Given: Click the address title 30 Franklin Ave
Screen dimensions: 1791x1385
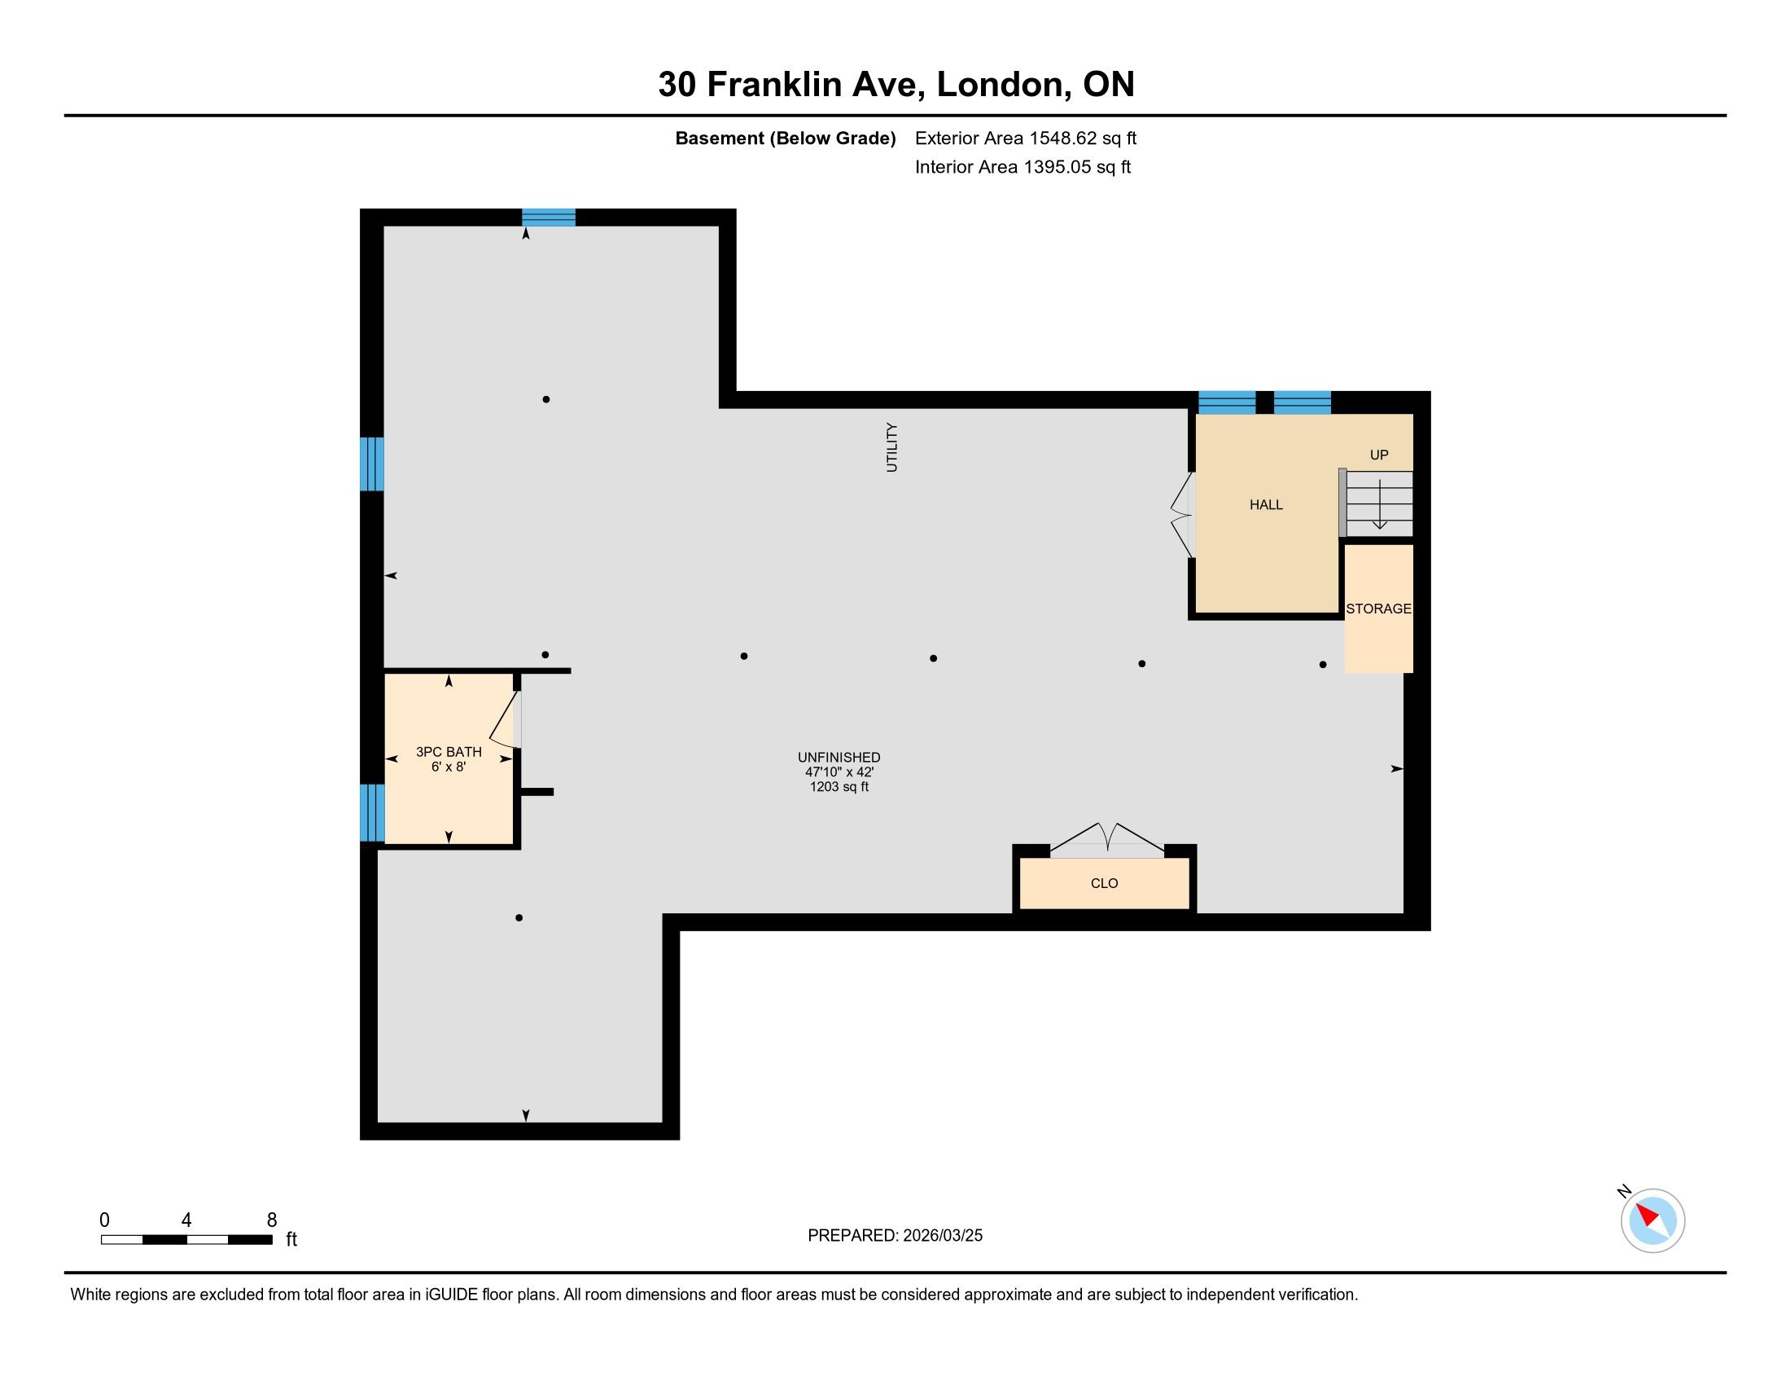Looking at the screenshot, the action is (792, 85).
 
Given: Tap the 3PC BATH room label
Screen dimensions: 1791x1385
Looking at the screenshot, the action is (449, 752).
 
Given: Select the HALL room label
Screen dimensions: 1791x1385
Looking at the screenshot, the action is (1266, 504).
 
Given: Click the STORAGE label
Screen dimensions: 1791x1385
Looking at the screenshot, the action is (1378, 609).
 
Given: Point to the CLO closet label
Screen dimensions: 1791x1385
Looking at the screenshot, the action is (1105, 883).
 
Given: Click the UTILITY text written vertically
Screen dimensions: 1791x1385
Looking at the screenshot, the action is (892, 447).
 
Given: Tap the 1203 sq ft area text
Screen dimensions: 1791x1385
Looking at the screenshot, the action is (839, 787).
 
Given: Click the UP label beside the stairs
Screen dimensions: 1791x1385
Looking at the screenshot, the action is (1379, 455).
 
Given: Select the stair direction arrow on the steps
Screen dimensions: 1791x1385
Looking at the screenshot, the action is (1380, 503).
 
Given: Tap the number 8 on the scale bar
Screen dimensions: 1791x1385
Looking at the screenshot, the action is (271, 1220).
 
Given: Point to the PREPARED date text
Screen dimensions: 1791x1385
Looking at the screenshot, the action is (895, 1236).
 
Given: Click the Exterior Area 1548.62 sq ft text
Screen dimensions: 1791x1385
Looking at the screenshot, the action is (1026, 138).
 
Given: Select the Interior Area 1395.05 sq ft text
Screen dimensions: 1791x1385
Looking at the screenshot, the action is (1022, 166).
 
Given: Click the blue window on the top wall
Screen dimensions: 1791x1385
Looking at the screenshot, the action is (549, 218).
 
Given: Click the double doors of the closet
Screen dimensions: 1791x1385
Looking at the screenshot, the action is (1107, 839).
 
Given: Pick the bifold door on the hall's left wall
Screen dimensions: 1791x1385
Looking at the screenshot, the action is (1182, 515).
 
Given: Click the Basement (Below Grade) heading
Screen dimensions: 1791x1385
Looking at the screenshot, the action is (785, 138).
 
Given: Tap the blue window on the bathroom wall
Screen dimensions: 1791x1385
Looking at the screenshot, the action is (372, 813).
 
